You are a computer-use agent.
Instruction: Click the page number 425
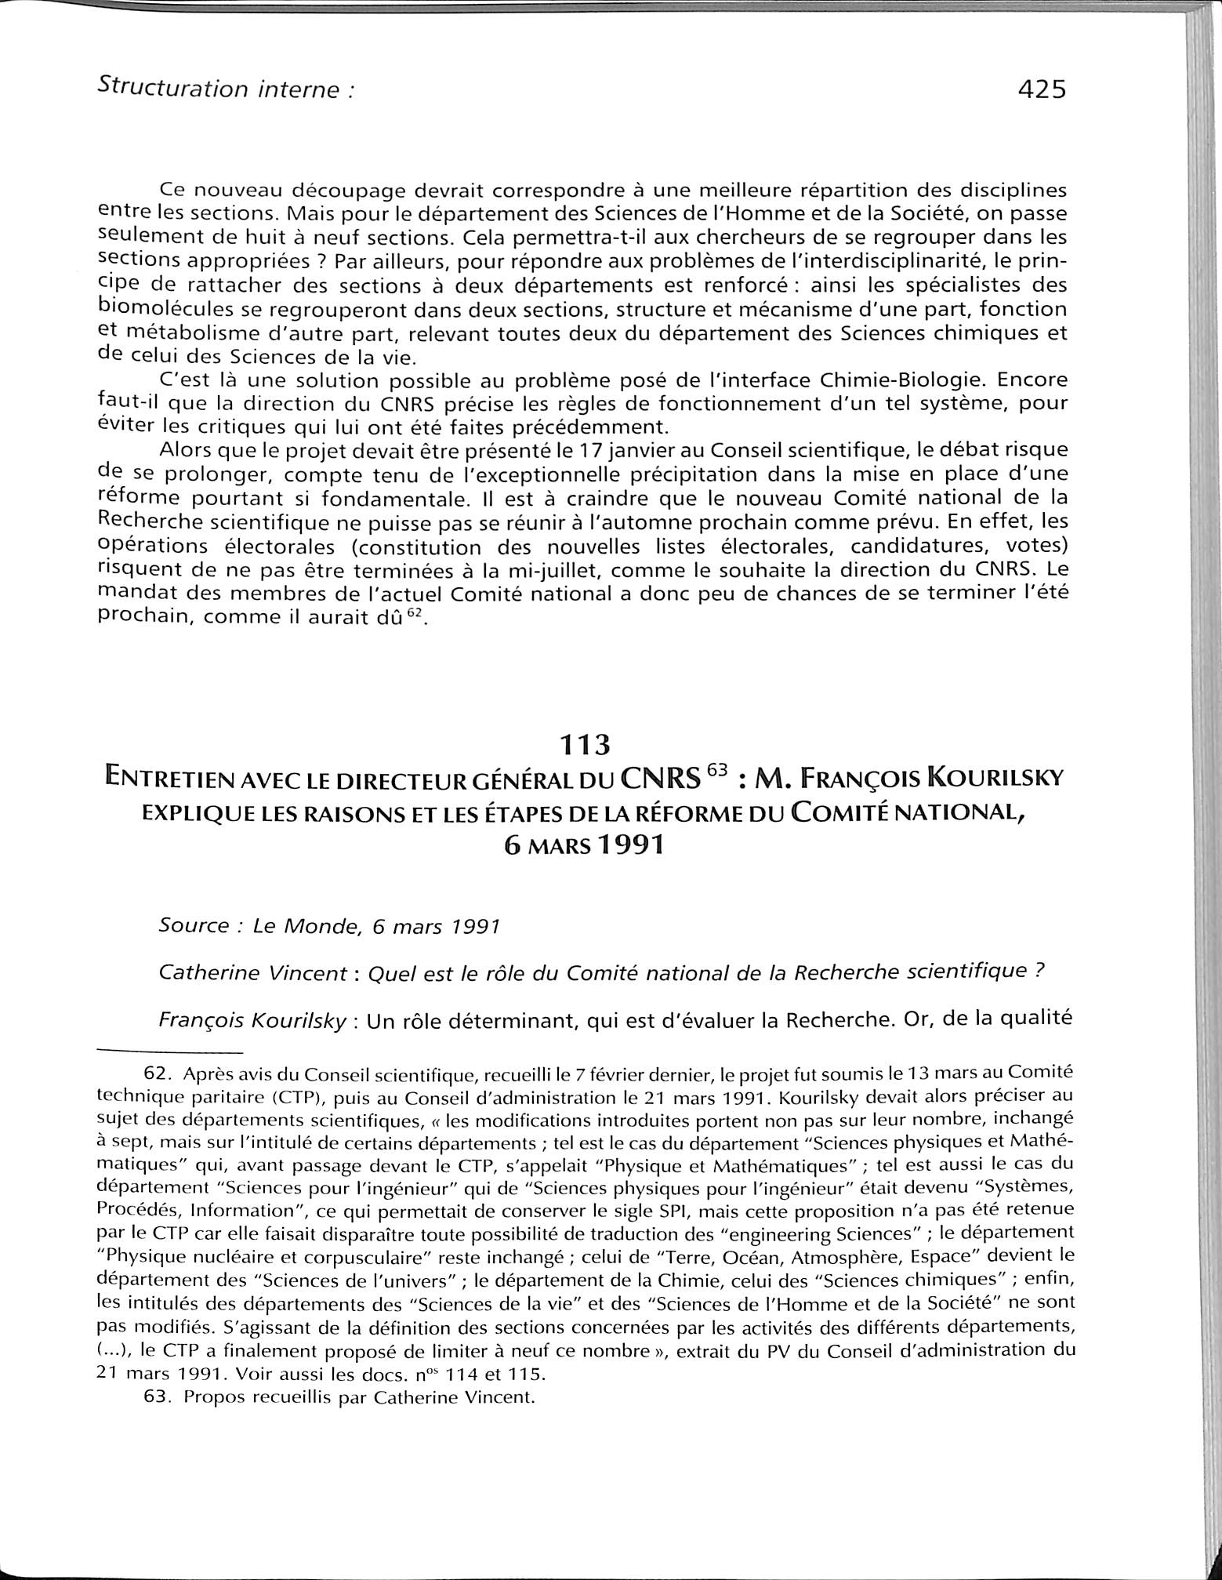coord(1042,90)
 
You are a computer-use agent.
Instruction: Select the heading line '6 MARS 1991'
coord(585,845)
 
